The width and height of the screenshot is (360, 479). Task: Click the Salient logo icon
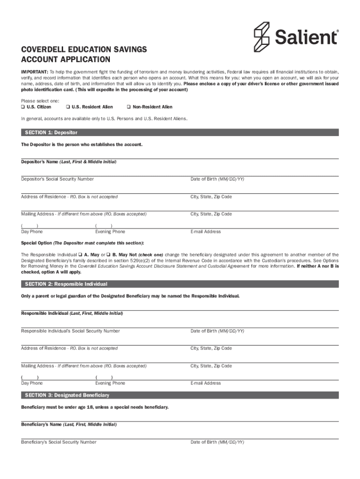(x=262, y=36)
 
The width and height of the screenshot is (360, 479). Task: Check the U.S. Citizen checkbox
(x=22, y=107)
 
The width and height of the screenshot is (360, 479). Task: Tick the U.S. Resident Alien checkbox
(x=68, y=107)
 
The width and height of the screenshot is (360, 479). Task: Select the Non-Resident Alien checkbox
(x=129, y=107)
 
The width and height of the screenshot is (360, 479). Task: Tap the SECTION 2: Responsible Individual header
(x=66, y=284)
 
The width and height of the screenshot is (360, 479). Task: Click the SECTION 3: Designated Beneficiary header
(x=67, y=395)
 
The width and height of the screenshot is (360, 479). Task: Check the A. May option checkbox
(x=80, y=255)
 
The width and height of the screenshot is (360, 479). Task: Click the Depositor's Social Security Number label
(x=57, y=179)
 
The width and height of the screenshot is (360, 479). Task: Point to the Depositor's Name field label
(x=69, y=162)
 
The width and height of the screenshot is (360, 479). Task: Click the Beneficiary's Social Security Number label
(x=58, y=442)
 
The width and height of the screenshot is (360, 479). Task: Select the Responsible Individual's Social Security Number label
(x=70, y=331)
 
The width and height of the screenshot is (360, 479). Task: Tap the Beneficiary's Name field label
(x=69, y=425)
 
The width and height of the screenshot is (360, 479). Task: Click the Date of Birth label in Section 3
(x=217, y=442)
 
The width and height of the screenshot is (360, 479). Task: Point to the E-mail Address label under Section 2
(x=205, y=383)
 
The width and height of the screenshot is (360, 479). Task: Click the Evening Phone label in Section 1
(x=110, y=232)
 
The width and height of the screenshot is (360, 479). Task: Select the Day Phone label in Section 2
(x=32, y=383)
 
